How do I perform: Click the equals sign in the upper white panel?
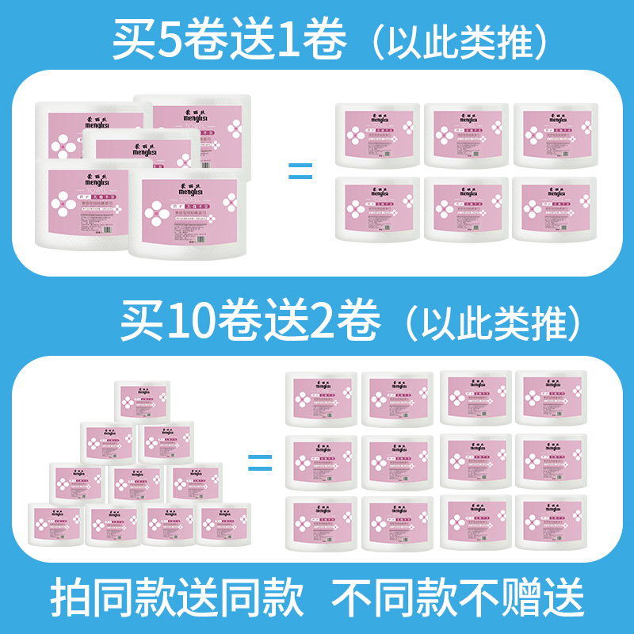300,170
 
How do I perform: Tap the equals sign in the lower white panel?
259,462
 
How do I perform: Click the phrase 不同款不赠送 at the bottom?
457,597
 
